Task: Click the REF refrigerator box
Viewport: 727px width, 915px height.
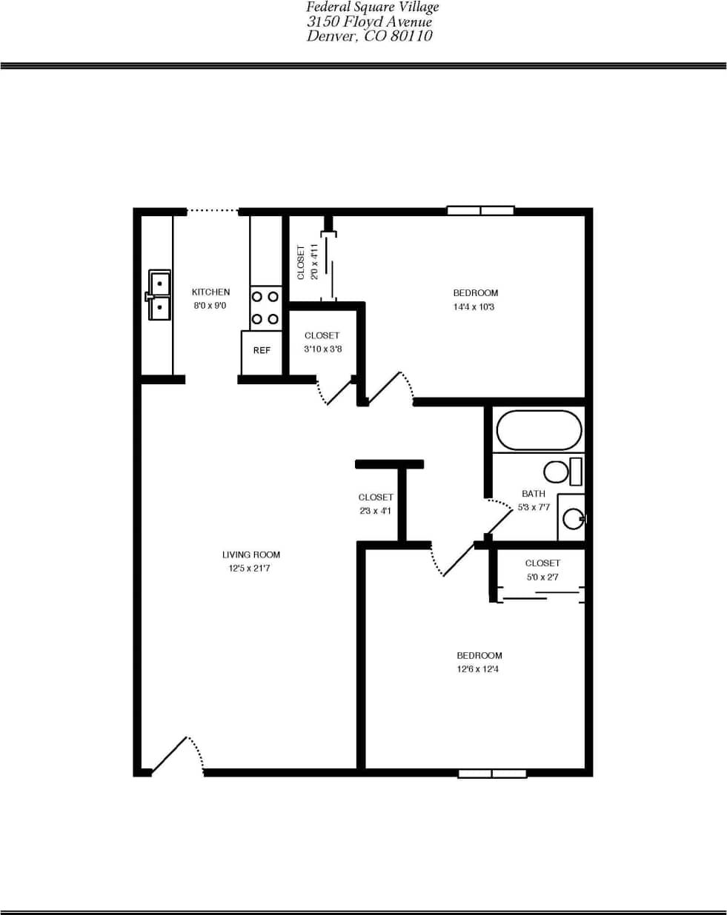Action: tap(262, 351)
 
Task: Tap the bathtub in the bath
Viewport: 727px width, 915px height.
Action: tap(539, 430)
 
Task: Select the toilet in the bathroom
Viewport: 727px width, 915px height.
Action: tap(562, 472)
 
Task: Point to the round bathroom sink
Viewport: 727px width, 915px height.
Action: tap(573, 518)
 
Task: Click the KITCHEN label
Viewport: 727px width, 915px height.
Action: tap(210, 292)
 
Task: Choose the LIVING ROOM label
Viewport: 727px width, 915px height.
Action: tap(251, 554)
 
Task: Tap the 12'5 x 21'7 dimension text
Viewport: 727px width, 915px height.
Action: tap(249, 569)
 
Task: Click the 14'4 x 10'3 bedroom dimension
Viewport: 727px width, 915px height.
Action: tap(474, 307)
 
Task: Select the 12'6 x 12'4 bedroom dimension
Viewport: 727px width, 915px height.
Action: tap(478, 669)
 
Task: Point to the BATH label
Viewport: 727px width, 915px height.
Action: tap(534, 494)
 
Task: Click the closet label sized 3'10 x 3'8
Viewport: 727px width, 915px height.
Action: tap(322, 335)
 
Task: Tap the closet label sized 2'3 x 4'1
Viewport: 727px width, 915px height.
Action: tap(375, 497)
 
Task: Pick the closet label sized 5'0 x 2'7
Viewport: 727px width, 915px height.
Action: tap(542, 563)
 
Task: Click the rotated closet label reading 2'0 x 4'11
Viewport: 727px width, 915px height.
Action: tap(301, 262)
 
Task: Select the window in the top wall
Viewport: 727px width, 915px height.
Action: tap(480, 211)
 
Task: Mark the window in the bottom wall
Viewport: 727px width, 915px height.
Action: tap(492, 774)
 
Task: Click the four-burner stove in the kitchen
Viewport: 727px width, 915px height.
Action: tap(265, 308)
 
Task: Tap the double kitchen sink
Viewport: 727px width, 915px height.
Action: tap(159, 295)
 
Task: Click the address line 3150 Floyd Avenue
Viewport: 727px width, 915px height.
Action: tap(369, 22)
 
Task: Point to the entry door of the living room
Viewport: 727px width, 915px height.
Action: tap(176, 755)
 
